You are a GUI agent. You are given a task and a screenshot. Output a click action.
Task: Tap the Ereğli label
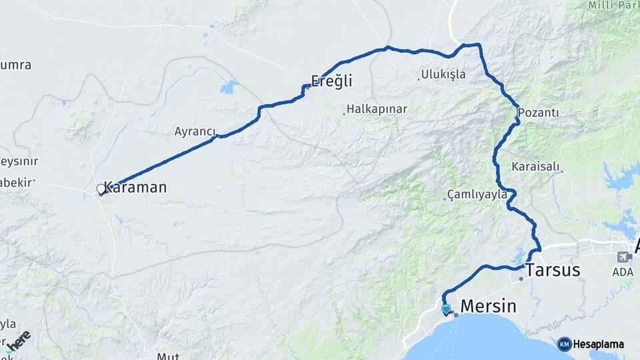332,81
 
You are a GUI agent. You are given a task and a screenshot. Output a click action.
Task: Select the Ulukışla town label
443,74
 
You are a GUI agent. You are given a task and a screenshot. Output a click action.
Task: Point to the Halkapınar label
378,109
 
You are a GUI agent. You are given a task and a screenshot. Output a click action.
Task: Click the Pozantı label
538,113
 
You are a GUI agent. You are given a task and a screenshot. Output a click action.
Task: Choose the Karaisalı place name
536,166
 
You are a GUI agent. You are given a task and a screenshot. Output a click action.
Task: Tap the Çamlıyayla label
477,195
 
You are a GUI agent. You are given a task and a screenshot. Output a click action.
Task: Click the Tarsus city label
553,270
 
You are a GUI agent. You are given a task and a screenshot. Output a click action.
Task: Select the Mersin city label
489,306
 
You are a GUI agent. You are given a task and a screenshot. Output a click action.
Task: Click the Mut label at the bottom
168,356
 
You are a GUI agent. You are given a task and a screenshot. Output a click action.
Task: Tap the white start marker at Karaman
101,189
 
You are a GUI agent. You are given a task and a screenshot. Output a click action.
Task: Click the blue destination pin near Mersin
446,309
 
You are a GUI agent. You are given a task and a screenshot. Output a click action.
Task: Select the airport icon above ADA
624,257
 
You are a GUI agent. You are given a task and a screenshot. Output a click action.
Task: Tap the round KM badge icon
564,344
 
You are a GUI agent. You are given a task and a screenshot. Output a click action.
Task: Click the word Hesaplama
599,344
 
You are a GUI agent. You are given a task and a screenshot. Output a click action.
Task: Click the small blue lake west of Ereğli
229,87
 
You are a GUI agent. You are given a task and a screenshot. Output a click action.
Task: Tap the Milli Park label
613,5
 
